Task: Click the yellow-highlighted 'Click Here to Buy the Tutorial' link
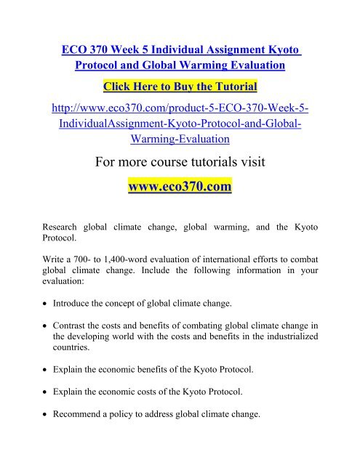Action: (180, 88)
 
